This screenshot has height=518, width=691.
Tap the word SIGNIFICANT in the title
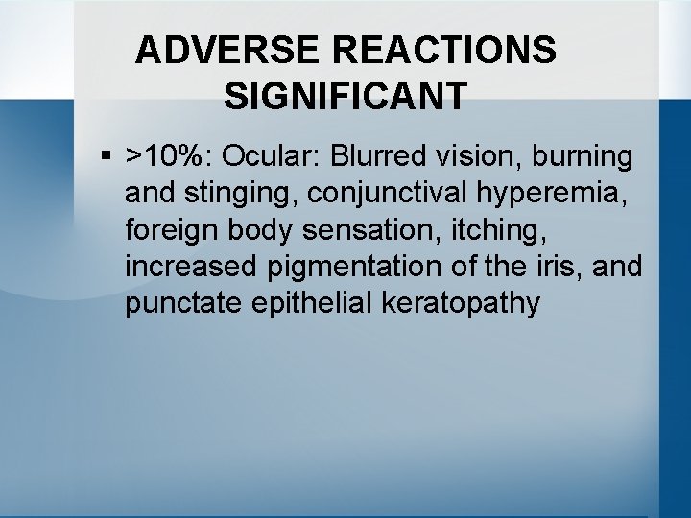point(345,96)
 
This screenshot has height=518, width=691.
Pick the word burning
point(585,156)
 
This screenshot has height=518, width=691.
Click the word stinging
point(232,193)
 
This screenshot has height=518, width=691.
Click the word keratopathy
point(461,304)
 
